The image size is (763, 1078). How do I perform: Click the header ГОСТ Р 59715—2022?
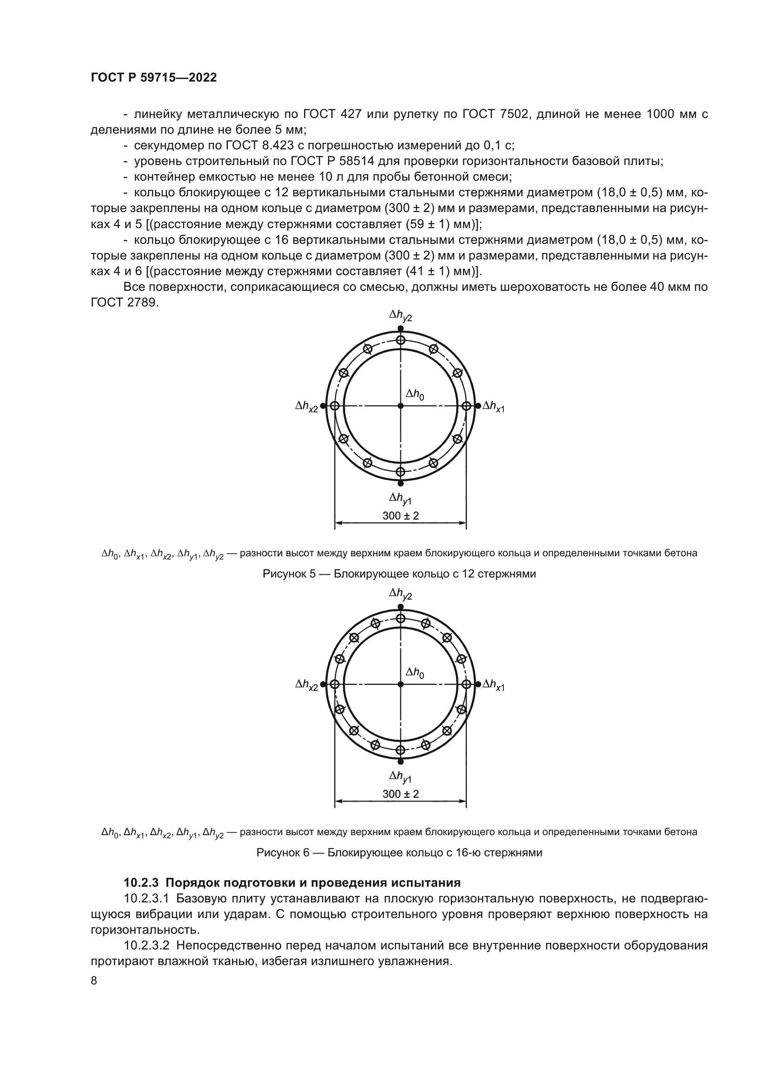(154, 78)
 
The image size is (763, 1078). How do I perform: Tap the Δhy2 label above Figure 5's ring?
(400, 317)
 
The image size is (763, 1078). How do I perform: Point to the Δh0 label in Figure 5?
(415, 395)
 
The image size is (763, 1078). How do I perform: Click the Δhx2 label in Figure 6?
(306, 685)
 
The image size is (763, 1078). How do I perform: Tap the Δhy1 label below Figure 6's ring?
(400, 777)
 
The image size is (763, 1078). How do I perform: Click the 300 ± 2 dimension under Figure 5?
(400, 516)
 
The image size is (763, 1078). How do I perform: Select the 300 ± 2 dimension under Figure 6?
(400, 794)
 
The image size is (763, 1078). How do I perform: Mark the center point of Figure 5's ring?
(400, 406)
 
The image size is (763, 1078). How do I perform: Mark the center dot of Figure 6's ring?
(400, 684)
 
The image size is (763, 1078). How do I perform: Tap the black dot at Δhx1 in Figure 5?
(478, 406)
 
